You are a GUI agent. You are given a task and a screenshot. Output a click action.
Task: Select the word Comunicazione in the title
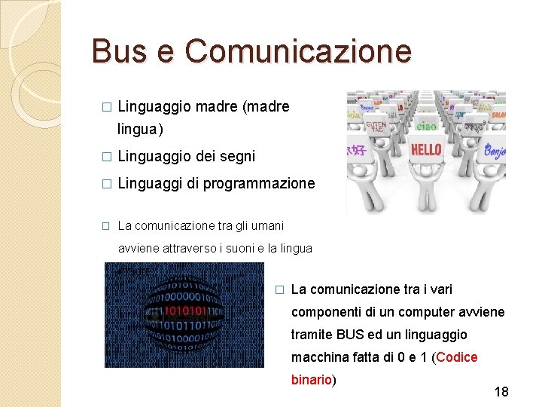pos(299,51)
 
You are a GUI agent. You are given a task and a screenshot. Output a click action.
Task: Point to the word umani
pos(268,225)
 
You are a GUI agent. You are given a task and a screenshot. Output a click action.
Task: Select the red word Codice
pos(457,357)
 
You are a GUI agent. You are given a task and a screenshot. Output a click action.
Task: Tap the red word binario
pos(312,380)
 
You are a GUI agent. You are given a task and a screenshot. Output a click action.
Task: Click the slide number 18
pos(501,392)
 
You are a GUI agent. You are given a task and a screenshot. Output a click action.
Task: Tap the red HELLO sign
pos(426,149)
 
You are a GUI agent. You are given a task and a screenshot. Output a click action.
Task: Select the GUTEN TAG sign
pos(376,126)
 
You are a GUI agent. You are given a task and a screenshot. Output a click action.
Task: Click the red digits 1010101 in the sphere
pos(184,311)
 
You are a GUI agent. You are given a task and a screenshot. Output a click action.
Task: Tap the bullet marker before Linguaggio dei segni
pos(106,157)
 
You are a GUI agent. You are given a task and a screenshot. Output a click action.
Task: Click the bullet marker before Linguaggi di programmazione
pos(106,184)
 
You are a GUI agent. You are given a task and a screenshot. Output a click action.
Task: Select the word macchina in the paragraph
pos(316,357)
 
